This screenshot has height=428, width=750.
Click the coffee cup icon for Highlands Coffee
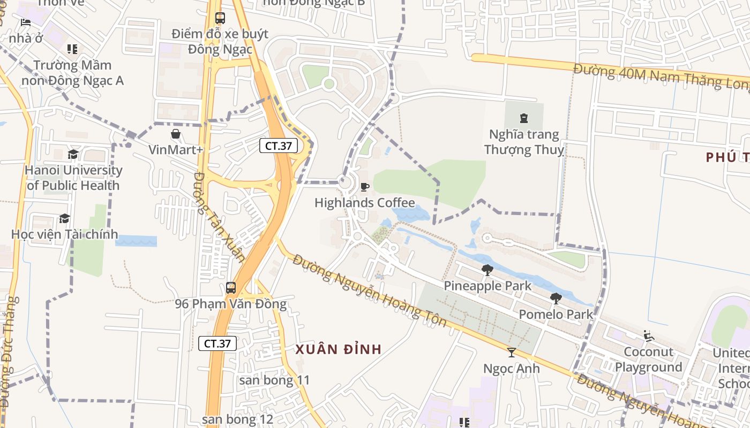pos(365,187)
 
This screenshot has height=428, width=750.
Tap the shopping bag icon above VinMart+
pos(175,133)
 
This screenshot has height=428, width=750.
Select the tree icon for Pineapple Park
pos(487,270)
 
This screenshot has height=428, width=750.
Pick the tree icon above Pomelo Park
pos(556,298)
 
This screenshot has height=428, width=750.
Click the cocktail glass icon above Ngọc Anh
pos(512,352)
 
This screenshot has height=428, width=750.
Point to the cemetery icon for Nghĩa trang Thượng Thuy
pos(524,118)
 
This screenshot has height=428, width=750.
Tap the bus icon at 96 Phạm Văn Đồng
pos(230,288)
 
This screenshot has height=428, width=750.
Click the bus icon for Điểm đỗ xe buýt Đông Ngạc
pos(220,18)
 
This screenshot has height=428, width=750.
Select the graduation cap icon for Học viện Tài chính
pos(64,218)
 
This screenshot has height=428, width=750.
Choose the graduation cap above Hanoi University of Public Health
pos(73,155)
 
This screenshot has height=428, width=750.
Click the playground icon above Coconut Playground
pos(649,336)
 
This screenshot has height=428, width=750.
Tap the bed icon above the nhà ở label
pos(25,22)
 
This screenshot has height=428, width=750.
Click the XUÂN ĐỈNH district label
pos(339,349)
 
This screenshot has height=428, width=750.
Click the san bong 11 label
pos(274,380)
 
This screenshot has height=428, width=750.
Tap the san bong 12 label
pos(238,419)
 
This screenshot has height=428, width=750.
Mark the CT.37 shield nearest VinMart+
pos(279,145)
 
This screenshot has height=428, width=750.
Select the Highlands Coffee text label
pos(364,203)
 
